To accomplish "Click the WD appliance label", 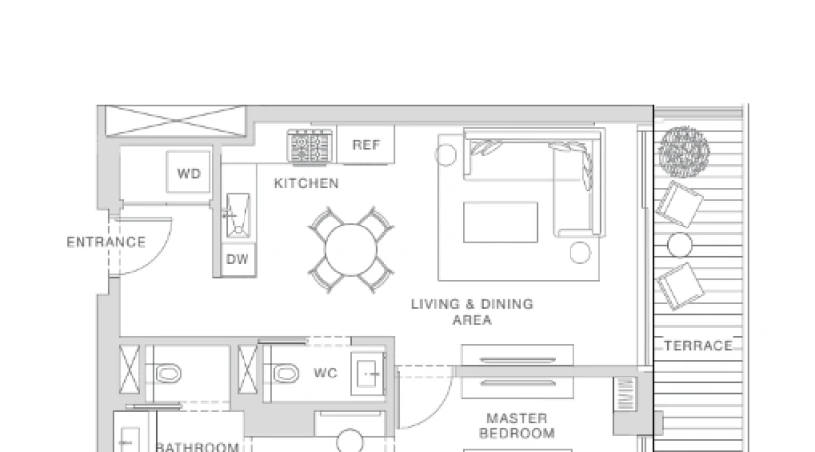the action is (189, 174).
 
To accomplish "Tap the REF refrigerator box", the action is (366, 144).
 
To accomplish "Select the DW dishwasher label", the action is (238, 259).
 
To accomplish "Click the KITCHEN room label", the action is (307, 183).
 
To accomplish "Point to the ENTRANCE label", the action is (106, 242).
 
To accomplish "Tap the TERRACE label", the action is (698, 346).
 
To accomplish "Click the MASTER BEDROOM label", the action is (517, 426).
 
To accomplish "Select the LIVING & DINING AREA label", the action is (472, 312).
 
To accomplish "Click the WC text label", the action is (326, 374).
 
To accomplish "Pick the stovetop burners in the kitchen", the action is (310, 147).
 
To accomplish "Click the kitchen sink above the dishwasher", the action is (239, 216).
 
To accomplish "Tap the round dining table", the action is (351, 250).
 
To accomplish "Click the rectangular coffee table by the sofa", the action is (501, 222).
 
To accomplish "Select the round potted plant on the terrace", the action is (684, 151).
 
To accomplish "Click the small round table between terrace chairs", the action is (680, 245).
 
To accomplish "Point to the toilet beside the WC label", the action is (284, 374).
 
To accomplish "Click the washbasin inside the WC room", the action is (368, 374).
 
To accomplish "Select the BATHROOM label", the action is (198, 447).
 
